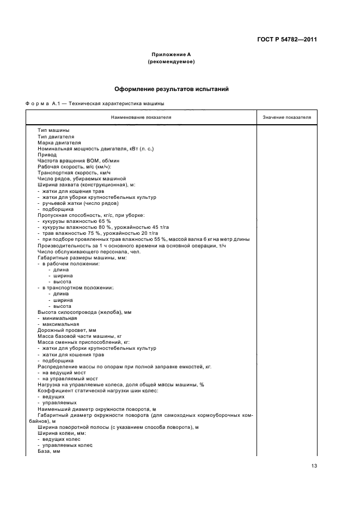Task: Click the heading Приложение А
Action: pyautogui.click(x=172, y=54)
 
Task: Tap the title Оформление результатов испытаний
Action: pyautogui.click(x=172, y=88)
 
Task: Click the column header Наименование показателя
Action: pyautogui.click(x=141, y=117)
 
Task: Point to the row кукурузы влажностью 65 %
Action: pyautogui.click(x=76, y=221)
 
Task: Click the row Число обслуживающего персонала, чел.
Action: pyautogui.click(x=82, y=251)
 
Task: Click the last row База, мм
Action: pyautogui.click(x=48, y=451)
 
